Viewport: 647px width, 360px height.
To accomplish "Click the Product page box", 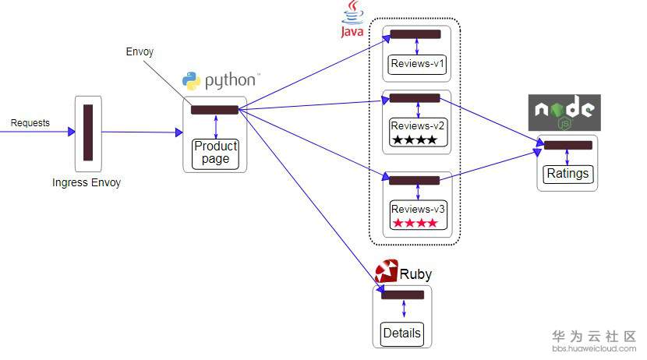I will coord(215,153).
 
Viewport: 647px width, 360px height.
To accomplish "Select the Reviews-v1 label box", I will coord(418,64).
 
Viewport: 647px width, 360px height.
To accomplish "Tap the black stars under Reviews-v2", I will coord(415,140).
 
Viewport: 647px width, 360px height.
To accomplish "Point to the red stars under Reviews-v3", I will coord(415,224).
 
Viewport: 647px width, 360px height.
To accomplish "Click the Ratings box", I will coord(567,173).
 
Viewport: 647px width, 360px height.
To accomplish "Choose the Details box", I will coord(402,334).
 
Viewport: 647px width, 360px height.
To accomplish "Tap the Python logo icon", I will coord(191,80).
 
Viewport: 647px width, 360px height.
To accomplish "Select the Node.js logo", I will coord(564,112).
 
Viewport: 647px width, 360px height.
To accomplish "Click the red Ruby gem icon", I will coord(386,272).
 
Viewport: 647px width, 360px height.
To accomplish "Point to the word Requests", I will coord(30,123).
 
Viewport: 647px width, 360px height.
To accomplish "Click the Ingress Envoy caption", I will coord(87,183).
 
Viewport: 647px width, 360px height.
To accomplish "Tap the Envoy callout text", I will coord(140,52).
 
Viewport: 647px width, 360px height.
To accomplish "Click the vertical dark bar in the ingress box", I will coord(88,132).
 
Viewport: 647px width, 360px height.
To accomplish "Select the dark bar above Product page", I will coord(214,110).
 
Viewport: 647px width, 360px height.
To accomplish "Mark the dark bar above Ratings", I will coord(567,145).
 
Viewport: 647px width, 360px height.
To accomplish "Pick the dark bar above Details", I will coord(402,295).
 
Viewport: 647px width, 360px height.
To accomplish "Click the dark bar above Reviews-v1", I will coord(415,34).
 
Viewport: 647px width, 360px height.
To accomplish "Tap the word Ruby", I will coord(415,274).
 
